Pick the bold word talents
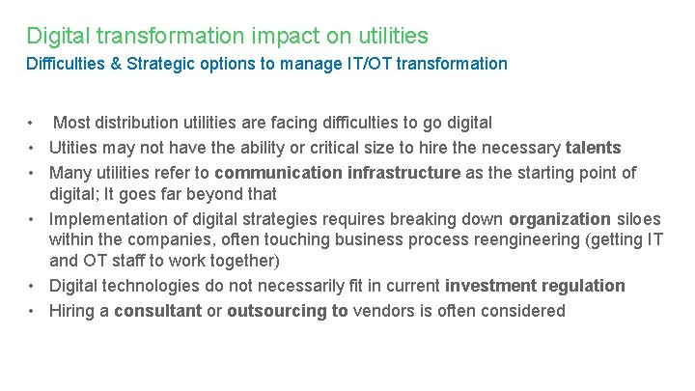593,148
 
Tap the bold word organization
560,218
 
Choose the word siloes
639,218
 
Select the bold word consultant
158,311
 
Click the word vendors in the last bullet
381,311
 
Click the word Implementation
104,218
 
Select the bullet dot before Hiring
32,311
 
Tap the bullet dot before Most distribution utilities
32,123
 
